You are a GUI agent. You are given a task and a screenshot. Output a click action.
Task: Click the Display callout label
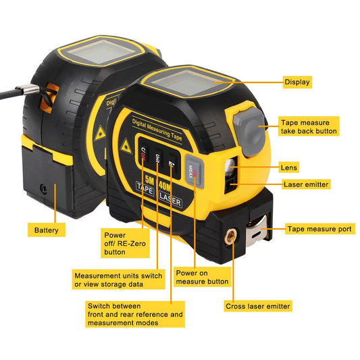coord(297,82)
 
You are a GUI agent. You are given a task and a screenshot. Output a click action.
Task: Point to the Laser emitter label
coord(307,184)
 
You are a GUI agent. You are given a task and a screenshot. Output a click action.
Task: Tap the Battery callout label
coord(47,230)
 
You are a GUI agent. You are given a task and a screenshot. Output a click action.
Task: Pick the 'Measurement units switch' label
coord(119,280)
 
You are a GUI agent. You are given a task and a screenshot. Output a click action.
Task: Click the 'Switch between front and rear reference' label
coord(135,315)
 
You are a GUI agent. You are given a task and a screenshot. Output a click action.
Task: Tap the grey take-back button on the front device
coord(251,126)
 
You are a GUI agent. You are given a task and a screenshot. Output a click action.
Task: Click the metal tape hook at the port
coord(259,230)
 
